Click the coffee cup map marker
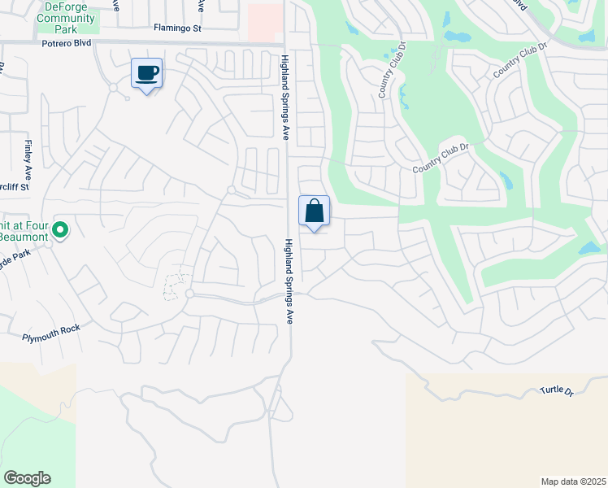tap(146, 73)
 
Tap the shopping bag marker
tap(314, 211)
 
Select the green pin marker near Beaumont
tap(59, 231)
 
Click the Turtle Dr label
tap(557, 392)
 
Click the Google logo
tap(27, 478)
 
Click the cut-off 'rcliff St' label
tap(14, 186)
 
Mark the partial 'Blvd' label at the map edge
tap(521, 5)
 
